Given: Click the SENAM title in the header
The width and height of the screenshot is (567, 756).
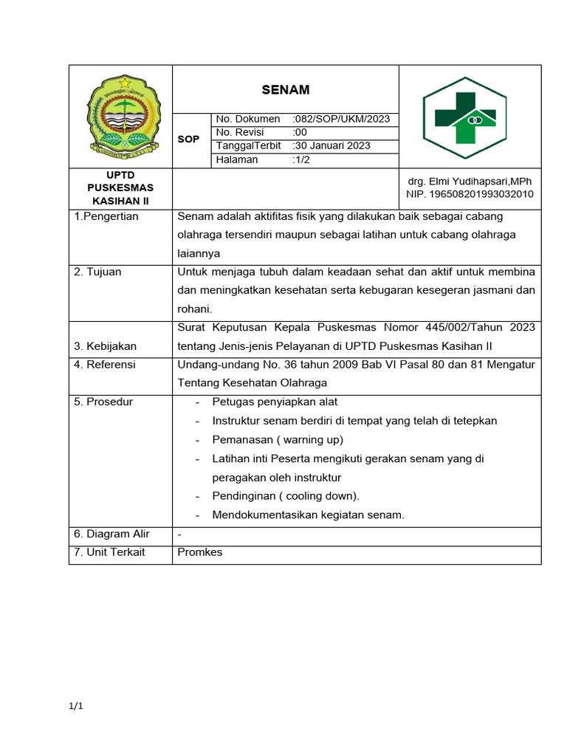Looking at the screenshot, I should point(286,90).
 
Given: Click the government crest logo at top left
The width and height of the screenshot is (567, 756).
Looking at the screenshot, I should point(120,117).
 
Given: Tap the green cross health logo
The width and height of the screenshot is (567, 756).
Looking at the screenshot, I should point(464,117).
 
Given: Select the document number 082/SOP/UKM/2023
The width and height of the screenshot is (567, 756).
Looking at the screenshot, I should point(342,119).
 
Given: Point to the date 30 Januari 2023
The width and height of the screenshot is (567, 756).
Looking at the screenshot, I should point(332,145).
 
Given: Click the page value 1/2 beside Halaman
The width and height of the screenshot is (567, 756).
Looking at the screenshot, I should point(301,159).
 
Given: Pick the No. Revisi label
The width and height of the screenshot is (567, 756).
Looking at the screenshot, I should point(240,132).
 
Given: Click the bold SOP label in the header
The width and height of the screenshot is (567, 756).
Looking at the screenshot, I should point(188,139).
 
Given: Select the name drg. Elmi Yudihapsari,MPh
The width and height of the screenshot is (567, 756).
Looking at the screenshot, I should point(470,181).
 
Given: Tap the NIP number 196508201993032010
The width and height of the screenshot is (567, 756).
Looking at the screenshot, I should point(470,194).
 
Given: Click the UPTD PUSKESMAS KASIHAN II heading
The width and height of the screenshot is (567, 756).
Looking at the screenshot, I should point(120,188).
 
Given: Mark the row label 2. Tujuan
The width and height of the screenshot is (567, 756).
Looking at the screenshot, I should point(97,272).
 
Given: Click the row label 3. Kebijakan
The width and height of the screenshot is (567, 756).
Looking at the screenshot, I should point(105,346).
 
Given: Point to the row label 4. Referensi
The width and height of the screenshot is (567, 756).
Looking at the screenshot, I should point(105,364).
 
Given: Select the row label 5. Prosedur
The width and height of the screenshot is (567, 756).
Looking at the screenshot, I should point(103,402).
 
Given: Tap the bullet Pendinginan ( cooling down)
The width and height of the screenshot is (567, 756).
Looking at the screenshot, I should point(286,496).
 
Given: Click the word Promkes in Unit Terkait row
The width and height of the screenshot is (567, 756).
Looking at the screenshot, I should point(200,551).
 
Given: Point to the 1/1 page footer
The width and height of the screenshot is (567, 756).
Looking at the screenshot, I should point(76,707).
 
